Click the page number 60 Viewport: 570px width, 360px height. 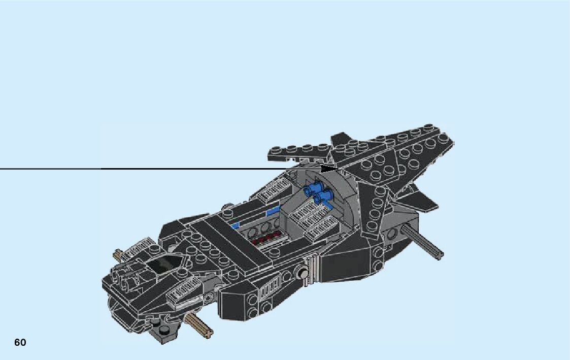point(20,342)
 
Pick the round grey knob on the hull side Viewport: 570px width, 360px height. point(303,275)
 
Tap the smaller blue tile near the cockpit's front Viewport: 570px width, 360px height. point(235,223)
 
